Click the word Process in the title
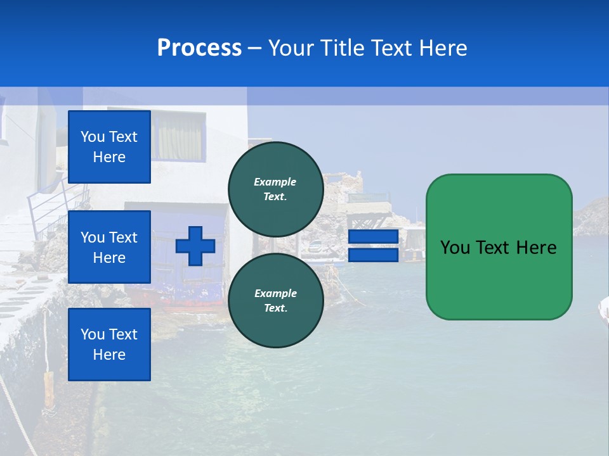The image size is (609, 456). click(199, 47)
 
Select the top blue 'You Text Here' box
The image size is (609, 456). click(109, 147)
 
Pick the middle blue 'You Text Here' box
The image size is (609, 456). click(109, 247)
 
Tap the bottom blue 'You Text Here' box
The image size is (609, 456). click(109, 345)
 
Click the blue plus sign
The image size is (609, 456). click(195, 246)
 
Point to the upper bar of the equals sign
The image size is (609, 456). click(373, 237)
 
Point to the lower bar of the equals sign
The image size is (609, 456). click(373, 255)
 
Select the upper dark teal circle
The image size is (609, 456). click(275, 189)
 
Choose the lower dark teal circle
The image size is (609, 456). click(275, 300)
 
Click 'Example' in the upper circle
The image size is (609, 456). click(275, 182)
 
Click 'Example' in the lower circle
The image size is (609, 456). click(275, 293)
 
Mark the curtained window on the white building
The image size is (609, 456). click(178, 137)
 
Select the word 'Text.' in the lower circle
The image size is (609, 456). click(275, 308)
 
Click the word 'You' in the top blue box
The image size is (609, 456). click(93, 137)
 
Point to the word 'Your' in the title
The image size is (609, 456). click(291, 48)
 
